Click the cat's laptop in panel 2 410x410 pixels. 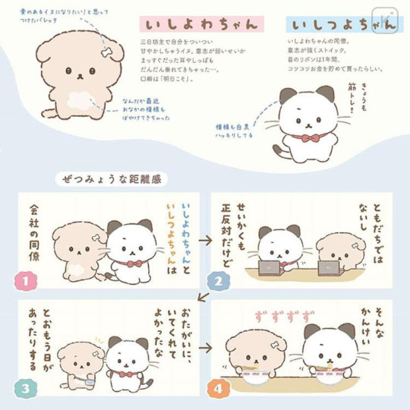pos(270,268)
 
